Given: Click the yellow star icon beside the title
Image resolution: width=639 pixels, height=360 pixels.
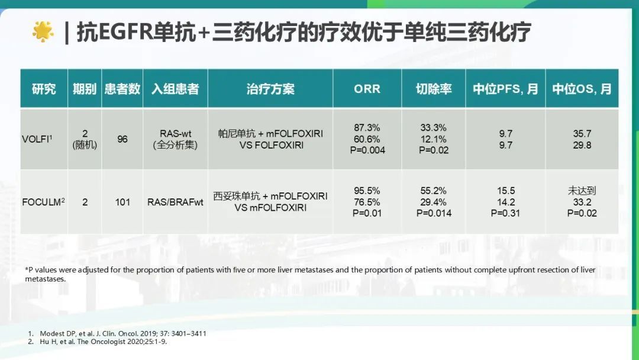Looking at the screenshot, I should tap(43, 31).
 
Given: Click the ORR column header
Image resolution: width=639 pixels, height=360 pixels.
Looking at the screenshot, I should tap(367, 89).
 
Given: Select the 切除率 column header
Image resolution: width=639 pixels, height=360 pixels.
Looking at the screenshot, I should tap(433, 89).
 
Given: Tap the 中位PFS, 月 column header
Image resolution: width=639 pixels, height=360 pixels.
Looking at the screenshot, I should tap(505, 89).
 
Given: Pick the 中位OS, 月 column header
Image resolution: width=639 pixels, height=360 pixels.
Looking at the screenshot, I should tap(582, 89).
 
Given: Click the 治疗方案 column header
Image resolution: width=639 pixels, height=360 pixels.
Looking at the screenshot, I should tap(270, 89).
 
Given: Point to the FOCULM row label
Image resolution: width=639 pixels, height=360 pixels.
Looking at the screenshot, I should tap(43, 202).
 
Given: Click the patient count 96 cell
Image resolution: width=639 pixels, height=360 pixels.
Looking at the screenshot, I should tap(122, 139).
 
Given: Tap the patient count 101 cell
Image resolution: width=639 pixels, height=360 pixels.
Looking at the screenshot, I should tap(122, 202).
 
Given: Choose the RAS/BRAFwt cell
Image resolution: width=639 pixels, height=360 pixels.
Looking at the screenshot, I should tap(175, 202).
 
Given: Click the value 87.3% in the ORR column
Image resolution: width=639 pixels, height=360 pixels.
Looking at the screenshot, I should tap(367, 128).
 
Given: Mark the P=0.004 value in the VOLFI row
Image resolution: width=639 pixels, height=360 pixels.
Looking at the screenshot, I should tap(367, 150).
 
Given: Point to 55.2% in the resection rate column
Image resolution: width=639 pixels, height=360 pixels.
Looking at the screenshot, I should tap(433, 191).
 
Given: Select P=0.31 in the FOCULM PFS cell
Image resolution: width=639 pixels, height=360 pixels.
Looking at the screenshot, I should tap(505, 213).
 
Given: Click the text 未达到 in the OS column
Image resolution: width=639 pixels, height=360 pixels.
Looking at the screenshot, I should tap(582, 191).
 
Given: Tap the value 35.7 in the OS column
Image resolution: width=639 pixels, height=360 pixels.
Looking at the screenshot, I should tap(582, 134).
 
